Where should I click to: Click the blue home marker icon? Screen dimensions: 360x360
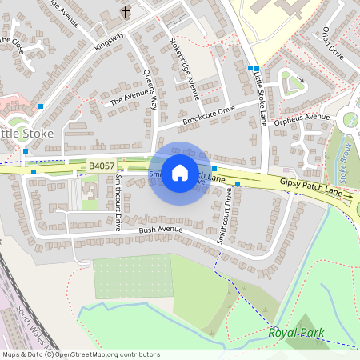coord(180,172)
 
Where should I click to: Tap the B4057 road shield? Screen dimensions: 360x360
coord(102,166)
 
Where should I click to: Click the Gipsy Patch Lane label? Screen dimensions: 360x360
coord(316,188)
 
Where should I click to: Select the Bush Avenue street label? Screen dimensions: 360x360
coord(161,230)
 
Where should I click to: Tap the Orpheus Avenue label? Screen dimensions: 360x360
coord(302,117)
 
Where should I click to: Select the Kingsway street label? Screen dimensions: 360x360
coord(110,42)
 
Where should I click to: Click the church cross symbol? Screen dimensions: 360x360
coord(126,12)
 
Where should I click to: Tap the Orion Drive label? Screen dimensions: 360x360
coord(331,43)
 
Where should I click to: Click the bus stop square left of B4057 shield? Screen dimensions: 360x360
coord(34,171)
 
